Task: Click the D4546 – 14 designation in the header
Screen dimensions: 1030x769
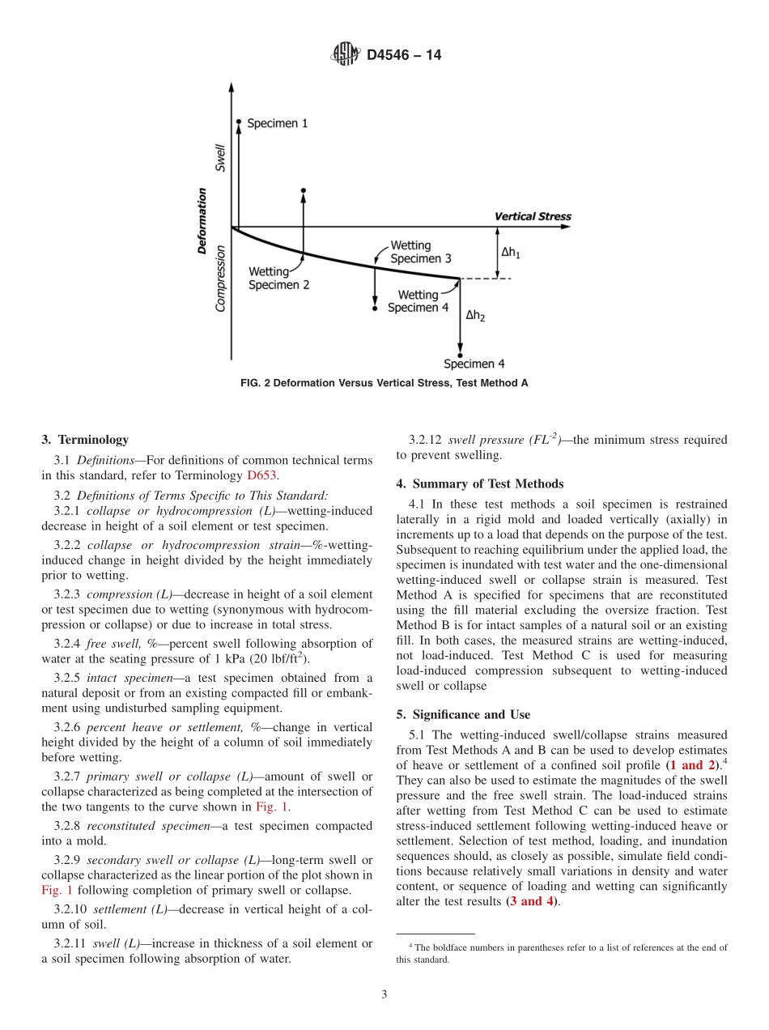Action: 404,55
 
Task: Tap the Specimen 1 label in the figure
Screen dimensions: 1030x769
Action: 277,124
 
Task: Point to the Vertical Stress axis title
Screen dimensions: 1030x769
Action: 533,216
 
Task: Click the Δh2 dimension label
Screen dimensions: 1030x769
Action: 475,315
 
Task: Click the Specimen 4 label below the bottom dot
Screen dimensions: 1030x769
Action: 474,364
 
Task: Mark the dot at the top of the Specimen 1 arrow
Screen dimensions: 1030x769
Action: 239,122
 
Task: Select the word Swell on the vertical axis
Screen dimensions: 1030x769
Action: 220,157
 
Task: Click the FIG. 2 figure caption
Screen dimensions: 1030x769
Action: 384,383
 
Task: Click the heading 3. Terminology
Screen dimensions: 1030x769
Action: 85,440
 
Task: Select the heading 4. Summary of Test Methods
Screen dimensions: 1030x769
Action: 479,483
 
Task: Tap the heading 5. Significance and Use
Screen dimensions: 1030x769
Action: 463,714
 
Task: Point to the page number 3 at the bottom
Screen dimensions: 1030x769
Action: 384,994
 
